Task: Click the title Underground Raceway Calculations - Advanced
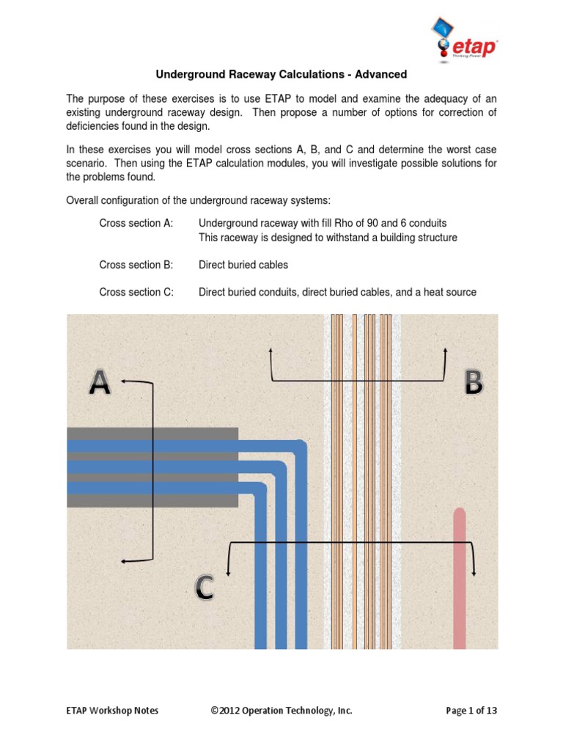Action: (x=281, y=75)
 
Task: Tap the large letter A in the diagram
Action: (x=100, y=383)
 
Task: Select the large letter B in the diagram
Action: (x=474, y=383)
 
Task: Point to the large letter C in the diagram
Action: (x=205, y=587)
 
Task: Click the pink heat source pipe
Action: (x=459, y=579)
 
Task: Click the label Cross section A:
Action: (x=136, y=223)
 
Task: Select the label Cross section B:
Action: (x=136, y=265)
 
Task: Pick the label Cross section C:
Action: (x=136, y=292)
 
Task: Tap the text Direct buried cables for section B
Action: (x=243, y=265)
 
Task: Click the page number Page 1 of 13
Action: (x=471, y=711)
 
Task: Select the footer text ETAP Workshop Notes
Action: (x=112, y=711)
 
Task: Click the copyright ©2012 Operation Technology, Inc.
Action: (x=280, y=711)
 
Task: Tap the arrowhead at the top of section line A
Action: (x=124, y=381)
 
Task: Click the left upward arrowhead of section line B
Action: (x=272, y=351)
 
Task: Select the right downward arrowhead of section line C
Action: (x=474, y=571)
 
